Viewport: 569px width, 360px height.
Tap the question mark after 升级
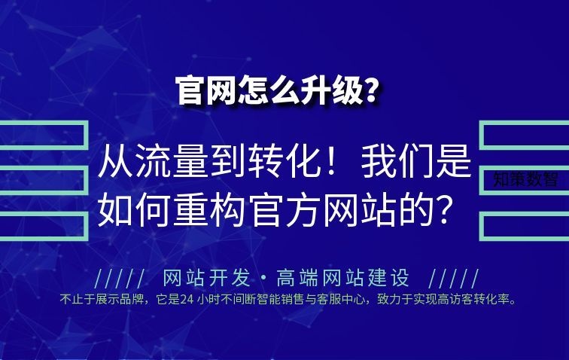pyautogui.click(x=370, y=90)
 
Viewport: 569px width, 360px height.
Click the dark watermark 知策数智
pyautogui.click(x=525, y=179)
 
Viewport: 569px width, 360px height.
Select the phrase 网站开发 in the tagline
pyautogui.click(x=206, y=278)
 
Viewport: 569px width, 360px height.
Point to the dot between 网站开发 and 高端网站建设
pyautogui.click(x=263, y=279)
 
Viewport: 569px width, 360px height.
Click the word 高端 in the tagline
pyautogui.click(x=299, y=278)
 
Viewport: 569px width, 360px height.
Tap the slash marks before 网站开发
pyautogui.click(x=120, y=279)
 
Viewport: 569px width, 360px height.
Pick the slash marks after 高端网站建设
pyautogui.click(x=454, y=279)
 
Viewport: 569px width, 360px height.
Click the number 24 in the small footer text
pyautogui.click(x=187, y=299)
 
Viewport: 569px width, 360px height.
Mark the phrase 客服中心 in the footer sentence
pyautogui.click(x=340, y=299)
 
